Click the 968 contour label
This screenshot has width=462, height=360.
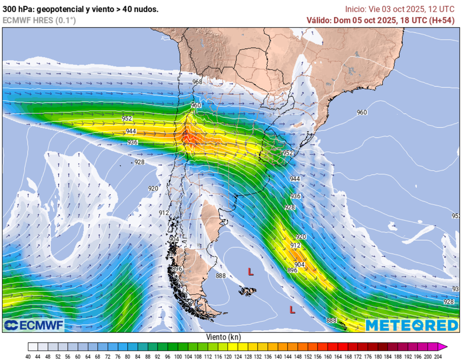(197, 82)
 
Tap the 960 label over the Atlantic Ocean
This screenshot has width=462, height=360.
(362, 112)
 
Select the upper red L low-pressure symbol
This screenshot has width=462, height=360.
(250, 272)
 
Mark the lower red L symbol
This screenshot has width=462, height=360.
(292, 309)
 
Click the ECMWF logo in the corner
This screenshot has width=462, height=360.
(34, 325)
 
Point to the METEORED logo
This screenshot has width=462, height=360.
(411, 325)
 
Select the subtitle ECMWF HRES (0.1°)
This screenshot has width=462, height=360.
(39, 20)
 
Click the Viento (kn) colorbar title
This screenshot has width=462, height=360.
(223, 337)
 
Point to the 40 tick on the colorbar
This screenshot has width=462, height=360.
(28, 356)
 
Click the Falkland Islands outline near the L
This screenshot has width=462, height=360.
(248, 291)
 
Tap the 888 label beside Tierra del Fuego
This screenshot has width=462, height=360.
(221, 276)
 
